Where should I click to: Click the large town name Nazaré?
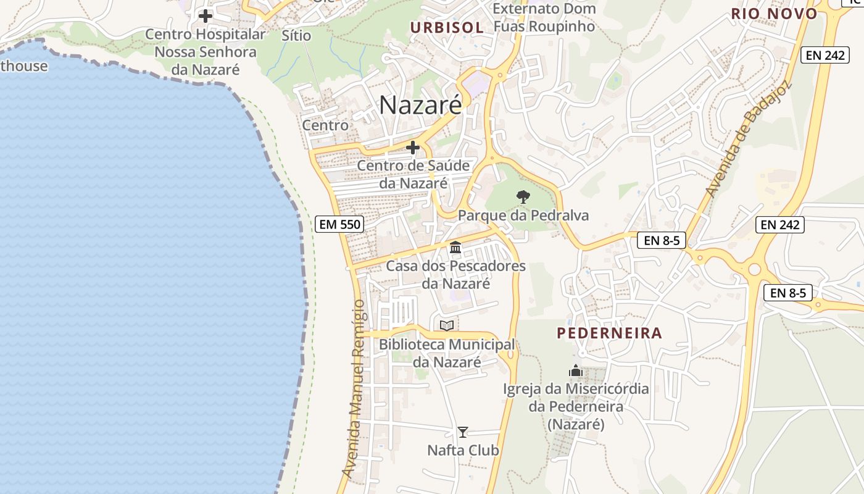[x=420, y=105]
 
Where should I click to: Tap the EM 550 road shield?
[x=339, y=224]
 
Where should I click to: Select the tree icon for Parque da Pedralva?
[x=523, y=197]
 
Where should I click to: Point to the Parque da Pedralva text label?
[x=523, y=216]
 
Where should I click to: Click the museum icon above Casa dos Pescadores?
[x=455, y=248]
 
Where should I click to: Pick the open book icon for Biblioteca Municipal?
[x=447, y=325]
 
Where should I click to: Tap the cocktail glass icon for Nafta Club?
[x=463, y=432]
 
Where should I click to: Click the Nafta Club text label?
[x=463, y=450]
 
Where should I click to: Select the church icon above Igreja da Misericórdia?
[x=576, y=371]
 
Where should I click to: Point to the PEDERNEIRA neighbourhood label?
[x=609, y=333]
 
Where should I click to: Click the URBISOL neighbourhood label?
[x=447, y=27]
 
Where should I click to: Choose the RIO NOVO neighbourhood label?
[x=774, y=14]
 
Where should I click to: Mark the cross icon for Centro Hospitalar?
[x=206, y=15]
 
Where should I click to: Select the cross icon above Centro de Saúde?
[x=413, y=148]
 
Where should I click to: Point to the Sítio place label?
[x=296, y=35]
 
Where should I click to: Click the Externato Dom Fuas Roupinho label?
[x=544, y=17]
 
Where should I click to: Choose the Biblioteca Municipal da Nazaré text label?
[x=447, y=353]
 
